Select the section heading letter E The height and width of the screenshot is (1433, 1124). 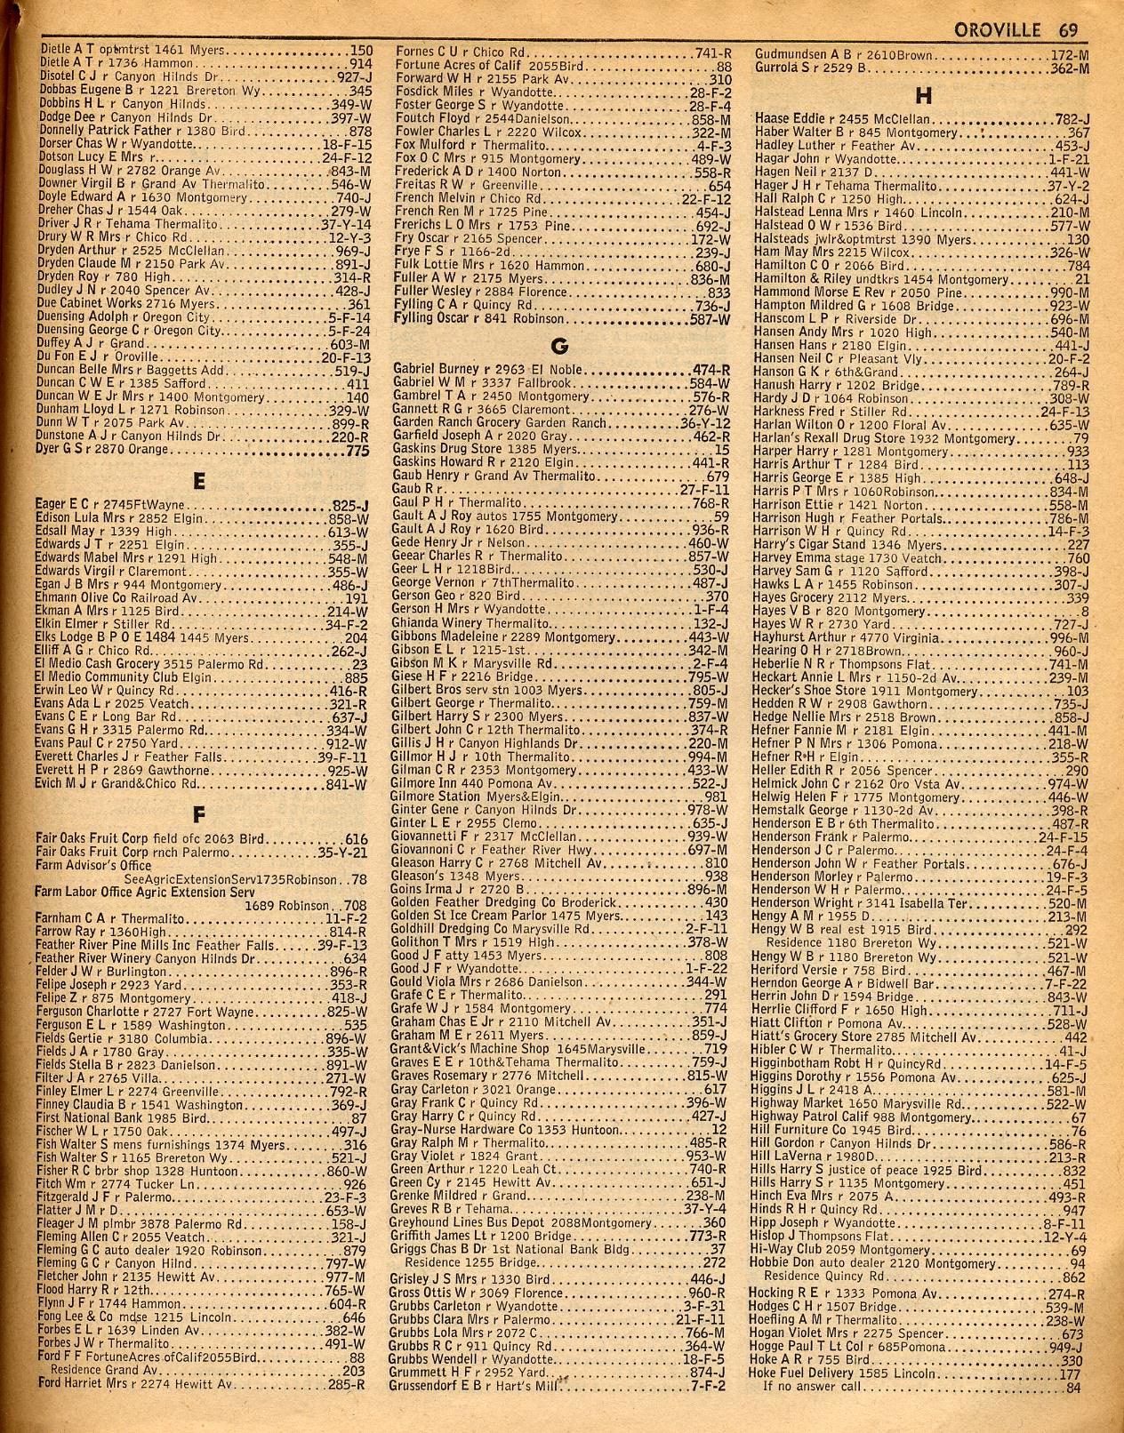(198, 482)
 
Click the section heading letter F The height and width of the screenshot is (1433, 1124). (198, 813)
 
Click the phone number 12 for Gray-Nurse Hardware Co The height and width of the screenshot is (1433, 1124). (720, 1129)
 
